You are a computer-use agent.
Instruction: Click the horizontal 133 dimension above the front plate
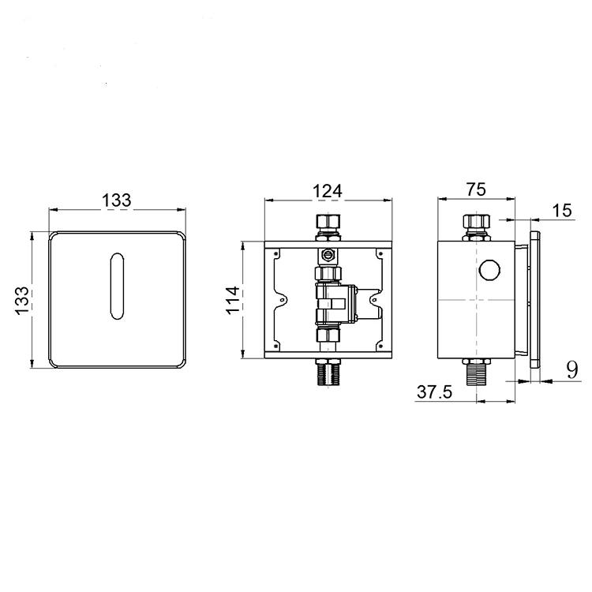coord(117,200)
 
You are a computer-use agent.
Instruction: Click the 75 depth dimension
coord(475,189)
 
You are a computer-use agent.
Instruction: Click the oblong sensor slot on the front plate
coord(117,288)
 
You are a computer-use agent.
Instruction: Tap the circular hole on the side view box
coord(489,271)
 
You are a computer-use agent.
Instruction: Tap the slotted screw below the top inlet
coord(327,254)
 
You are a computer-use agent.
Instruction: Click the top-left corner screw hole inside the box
coord(277,253)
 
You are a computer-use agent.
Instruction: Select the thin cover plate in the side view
coord(536,300)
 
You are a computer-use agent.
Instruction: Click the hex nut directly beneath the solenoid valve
coord(327,336)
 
